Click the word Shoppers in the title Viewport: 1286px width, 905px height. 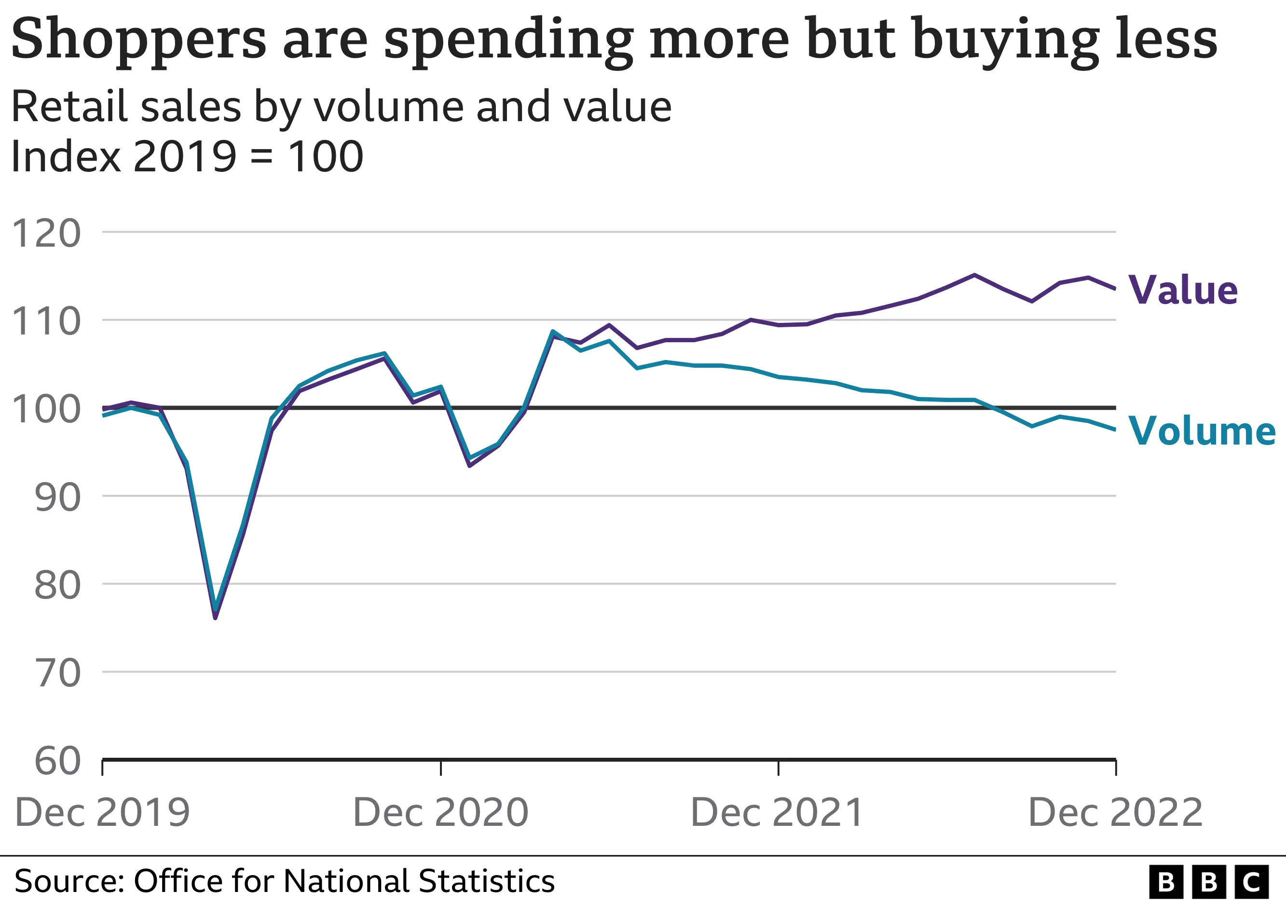pos(138,39)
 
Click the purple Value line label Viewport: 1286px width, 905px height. pos(1182,290)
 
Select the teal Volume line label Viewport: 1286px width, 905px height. pos(1202,431)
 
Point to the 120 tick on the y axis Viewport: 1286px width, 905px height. pos(46,233)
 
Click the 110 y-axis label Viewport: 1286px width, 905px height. pos(46,321)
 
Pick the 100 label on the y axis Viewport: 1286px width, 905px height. pos(46,409)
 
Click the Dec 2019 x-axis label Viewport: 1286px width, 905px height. pos(102,812)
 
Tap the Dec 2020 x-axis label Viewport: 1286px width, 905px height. pos(441,812)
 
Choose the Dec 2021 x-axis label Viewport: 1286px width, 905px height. pos(778,812)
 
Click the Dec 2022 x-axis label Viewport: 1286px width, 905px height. pos(1116,812)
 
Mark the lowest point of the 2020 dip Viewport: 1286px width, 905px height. pos(215,616)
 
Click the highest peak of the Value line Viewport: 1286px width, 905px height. pos(974,275)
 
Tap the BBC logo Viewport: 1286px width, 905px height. pos(1208,882)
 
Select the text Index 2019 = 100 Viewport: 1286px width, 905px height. pos(187,156)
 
